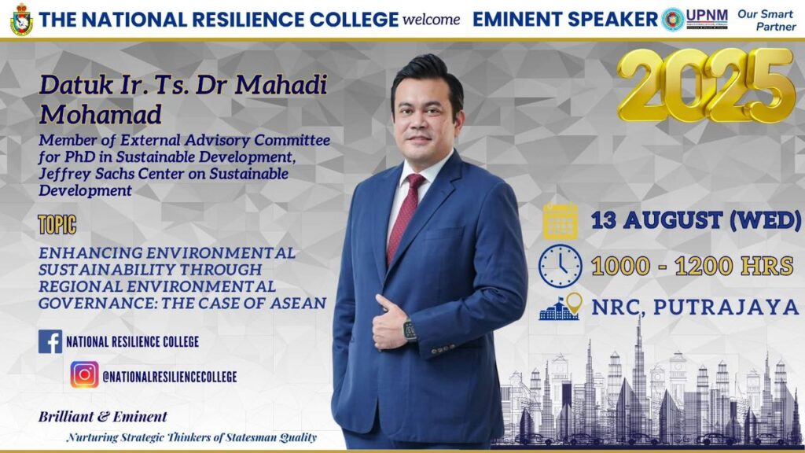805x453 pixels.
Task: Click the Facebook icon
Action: tap(50, 341)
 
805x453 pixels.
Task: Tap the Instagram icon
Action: tap(85, 374)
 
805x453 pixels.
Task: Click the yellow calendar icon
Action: tap(560, 221)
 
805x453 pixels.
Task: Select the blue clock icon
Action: tap(560, 266)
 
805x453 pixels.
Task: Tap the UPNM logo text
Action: tap(707, 19)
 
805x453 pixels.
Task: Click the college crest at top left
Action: tap(21, 20)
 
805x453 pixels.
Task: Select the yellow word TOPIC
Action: tap(57, 224)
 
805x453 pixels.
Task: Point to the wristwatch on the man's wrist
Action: tap(410, 330)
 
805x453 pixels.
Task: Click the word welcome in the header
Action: tap(432, 20)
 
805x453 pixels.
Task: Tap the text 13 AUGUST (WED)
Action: tap(696, 220)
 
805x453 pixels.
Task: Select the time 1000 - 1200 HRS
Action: tap(693, 266)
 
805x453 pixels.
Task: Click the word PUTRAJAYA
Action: tap(726, 308)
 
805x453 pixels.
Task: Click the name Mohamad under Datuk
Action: tap(101, 114)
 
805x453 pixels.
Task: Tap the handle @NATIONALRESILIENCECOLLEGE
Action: tap(170, 377)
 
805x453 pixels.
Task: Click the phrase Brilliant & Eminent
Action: tap(103, 417)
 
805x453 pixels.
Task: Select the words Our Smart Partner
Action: tap(767, 20)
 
